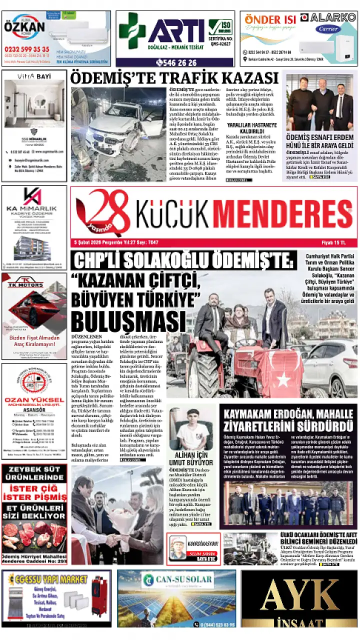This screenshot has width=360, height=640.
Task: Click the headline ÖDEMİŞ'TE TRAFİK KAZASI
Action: pyautogui.click(x=173, y=78)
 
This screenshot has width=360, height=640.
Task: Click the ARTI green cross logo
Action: pyautogui.click(x=132, y=31)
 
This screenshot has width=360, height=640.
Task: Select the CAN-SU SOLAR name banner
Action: pyautogui.click(x=178, y=580)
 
